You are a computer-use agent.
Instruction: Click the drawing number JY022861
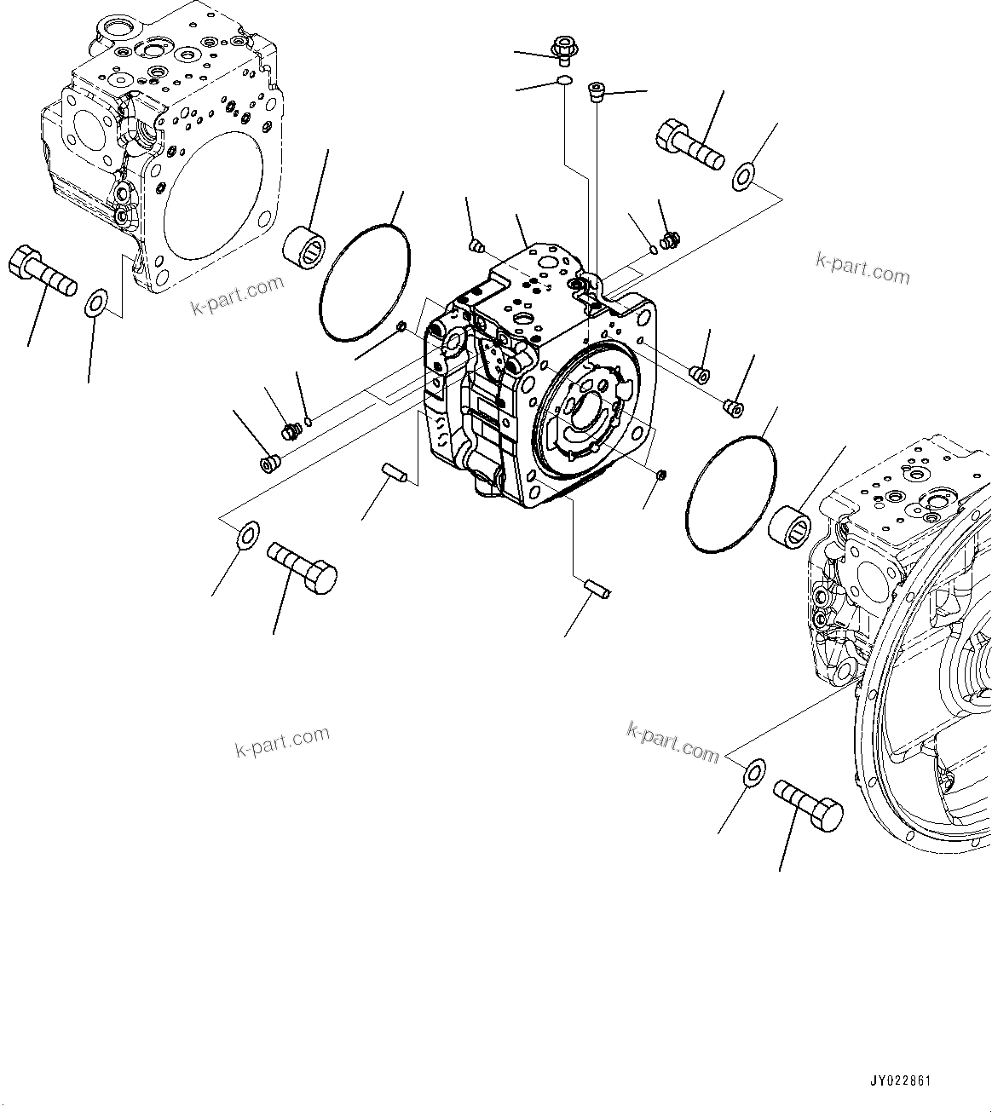[x=900, y=1080]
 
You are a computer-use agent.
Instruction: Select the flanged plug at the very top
[x=563, y=49]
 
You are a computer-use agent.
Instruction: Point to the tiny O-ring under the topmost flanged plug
[x=563, y=81]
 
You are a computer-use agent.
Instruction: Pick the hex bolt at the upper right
[x=689, y=144]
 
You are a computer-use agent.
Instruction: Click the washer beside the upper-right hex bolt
[x=743, y=176]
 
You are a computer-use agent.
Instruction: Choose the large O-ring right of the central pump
[x=731, y=494]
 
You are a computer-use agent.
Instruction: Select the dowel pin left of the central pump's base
[x=395, y=472]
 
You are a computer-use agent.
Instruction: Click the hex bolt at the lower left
[x=303, y=568]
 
